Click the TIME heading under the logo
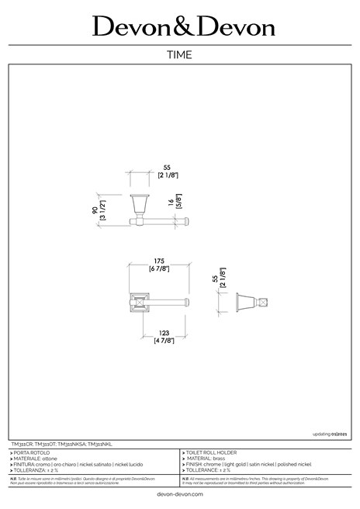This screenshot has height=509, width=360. click(179, 55)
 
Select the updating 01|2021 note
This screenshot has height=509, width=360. click(329, 435)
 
